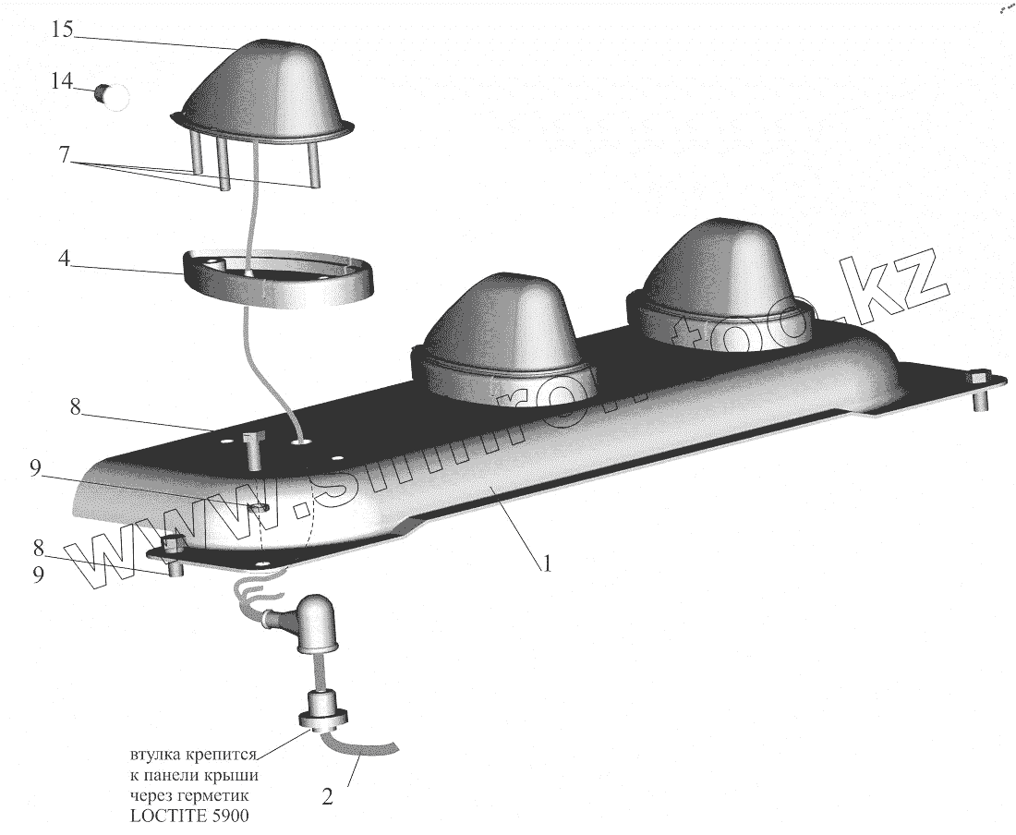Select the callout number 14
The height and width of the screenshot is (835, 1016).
61,82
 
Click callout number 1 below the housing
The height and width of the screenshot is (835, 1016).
547,562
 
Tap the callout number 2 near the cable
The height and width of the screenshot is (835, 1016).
326,795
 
